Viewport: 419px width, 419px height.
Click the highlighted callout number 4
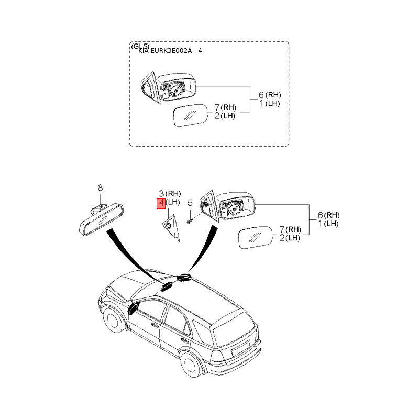click(161, 203)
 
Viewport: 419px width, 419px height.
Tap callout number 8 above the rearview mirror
click(100, 188)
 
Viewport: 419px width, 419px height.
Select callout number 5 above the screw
click(190, 203)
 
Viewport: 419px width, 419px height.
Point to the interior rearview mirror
click(102, 219)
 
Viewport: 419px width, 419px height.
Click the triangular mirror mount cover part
click(171, 228)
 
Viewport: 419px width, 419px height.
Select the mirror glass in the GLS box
click(191, 115)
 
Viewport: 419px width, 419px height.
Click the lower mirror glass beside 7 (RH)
click(255, 238)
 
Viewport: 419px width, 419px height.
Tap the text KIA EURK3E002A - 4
click(170, 50)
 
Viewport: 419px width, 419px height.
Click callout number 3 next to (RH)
click(161, 193)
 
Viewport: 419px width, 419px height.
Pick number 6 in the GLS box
click(261, 95)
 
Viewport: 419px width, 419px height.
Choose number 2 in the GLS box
click(217, 116)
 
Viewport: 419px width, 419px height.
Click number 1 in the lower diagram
click(320, 224)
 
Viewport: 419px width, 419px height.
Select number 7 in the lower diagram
click(282, 229)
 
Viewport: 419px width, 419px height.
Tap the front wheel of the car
click(112, 320)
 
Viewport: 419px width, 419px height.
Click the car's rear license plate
click(240, 348)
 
